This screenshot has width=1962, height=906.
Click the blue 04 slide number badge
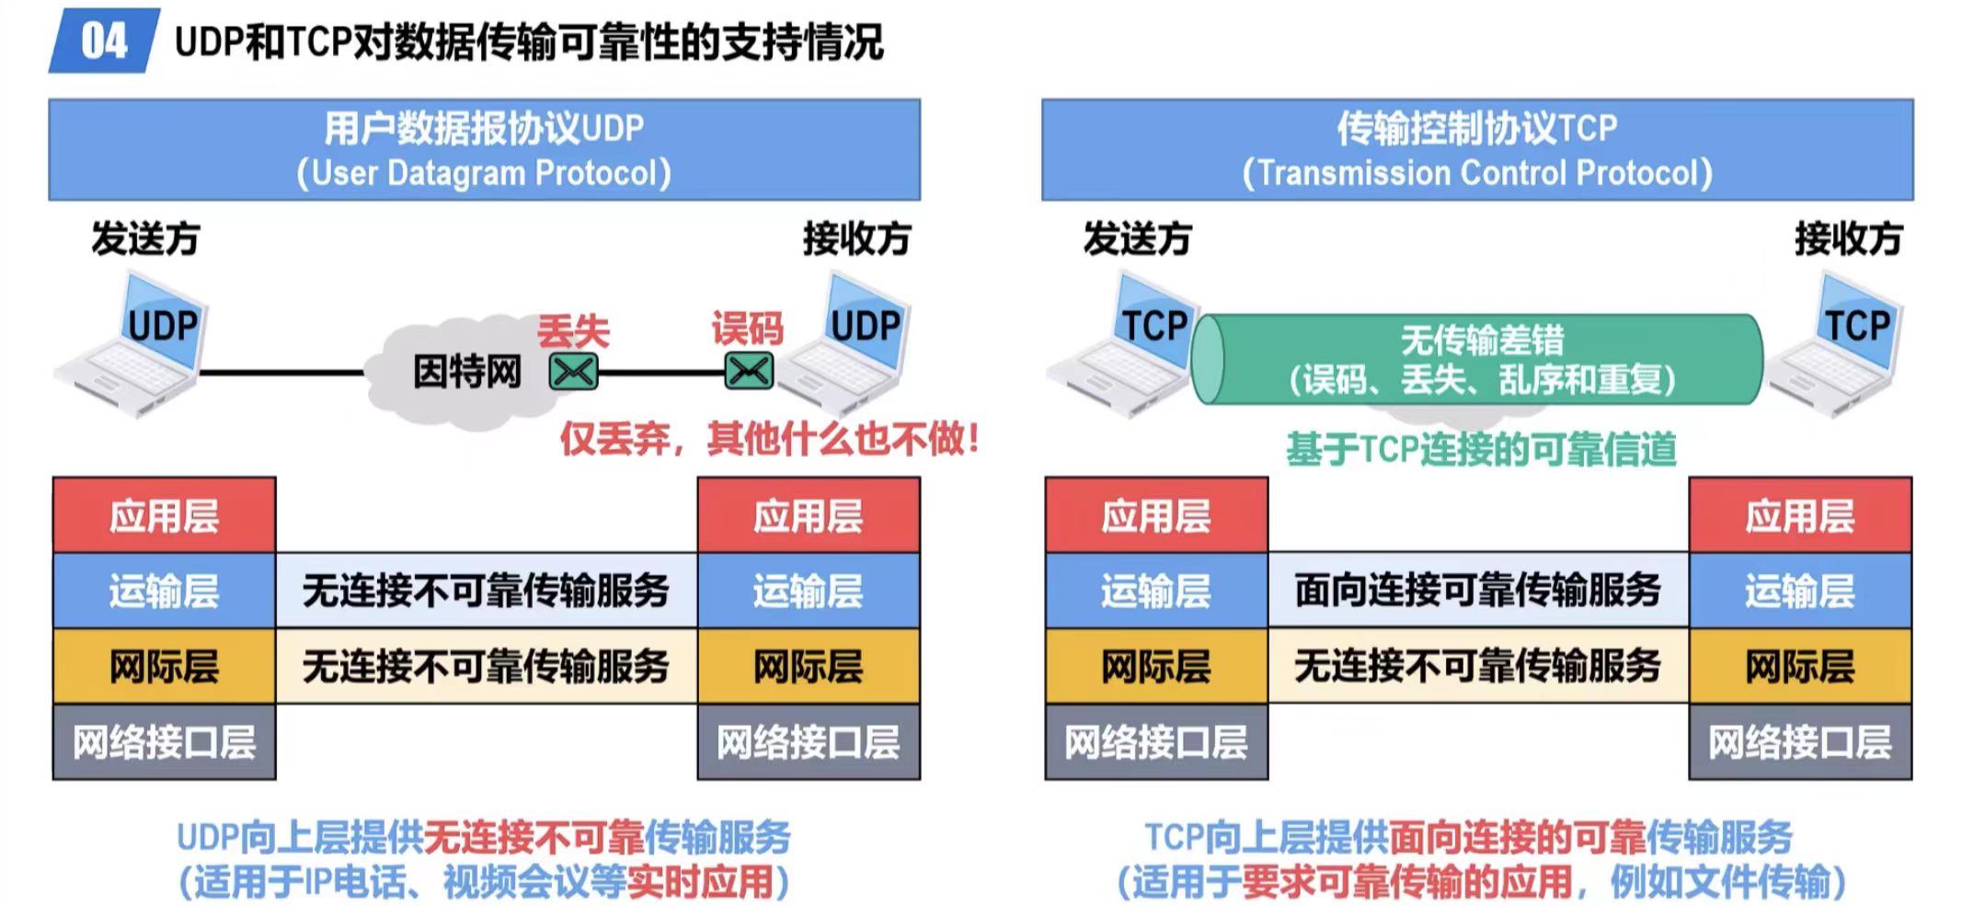click(103, 41)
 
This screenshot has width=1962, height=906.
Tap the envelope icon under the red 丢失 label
click(573, 373)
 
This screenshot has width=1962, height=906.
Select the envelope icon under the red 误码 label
click(749, 372)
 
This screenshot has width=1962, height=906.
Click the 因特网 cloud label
click(466, 373)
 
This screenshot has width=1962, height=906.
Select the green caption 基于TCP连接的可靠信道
click(1481, 450)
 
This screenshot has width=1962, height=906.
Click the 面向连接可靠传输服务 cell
click(1477, 591)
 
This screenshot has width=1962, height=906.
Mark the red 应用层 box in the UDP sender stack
click(164, 515)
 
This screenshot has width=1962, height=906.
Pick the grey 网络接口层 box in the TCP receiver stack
click(1799, 742)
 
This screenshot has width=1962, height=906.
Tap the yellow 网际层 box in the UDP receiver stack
click(808, 667)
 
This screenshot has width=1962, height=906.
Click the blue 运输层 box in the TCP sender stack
click(1155, 591)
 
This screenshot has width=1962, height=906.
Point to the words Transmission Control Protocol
click(1477, 173)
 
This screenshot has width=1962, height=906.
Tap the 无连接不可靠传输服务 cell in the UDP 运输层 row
click(486, 591)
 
